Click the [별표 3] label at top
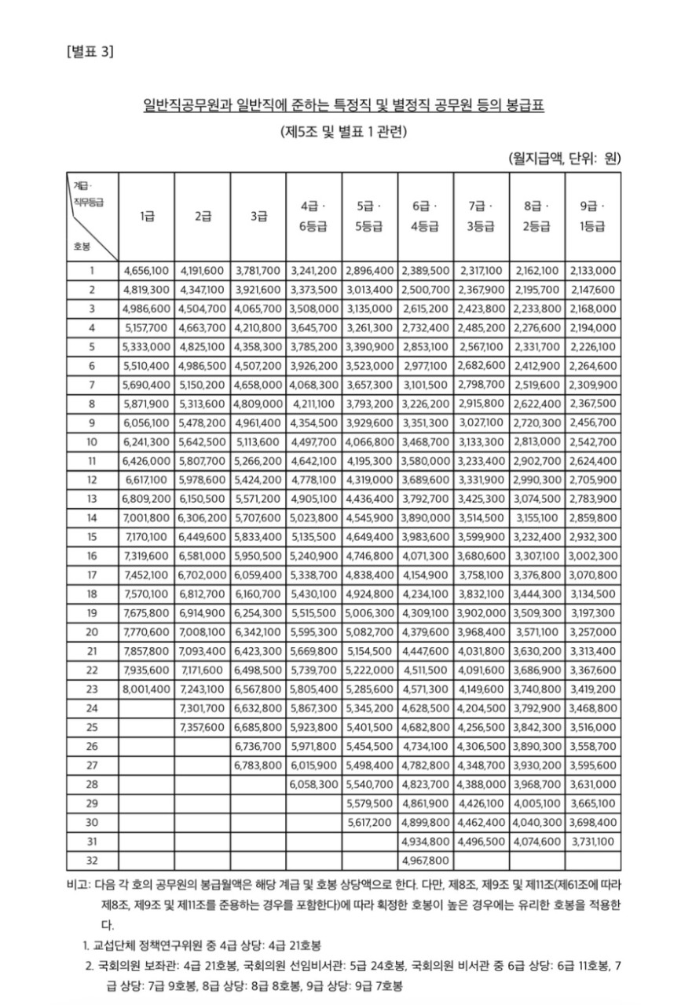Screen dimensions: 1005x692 (90, 52)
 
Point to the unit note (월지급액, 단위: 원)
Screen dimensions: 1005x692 (565, 158)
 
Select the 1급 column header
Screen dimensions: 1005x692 (146, 217)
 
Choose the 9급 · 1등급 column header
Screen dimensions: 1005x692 (592, 217)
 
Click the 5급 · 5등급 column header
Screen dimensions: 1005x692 (368, 217)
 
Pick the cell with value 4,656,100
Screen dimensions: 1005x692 (147, 271)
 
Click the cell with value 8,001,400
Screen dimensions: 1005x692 (147, 689)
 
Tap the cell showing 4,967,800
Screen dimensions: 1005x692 (424, 860)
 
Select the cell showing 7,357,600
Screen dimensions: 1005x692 (203, 727)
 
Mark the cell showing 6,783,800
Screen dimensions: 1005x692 (258, 765)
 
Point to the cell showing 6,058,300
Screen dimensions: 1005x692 (313, 784)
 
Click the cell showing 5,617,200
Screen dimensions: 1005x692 (369, 822)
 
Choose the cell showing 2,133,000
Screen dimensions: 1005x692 (592, 271)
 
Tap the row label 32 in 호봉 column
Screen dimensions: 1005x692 (92, 860)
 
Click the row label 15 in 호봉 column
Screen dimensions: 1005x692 (92, 537)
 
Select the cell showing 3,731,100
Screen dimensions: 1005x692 (592, 841)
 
